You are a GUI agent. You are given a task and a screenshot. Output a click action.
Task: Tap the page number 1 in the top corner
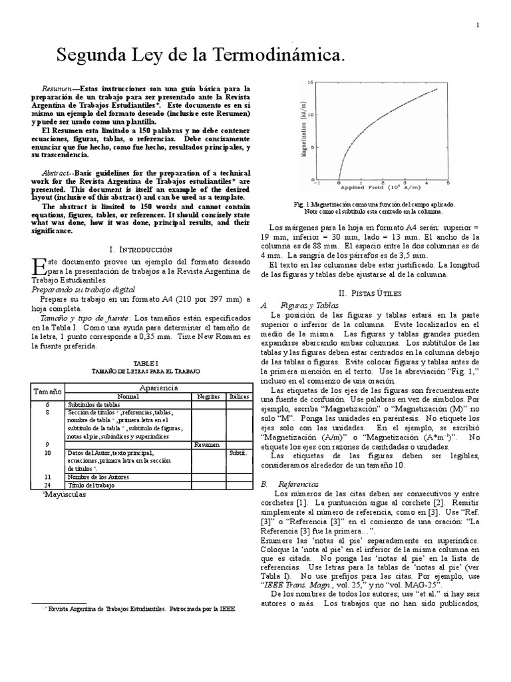point(478,25)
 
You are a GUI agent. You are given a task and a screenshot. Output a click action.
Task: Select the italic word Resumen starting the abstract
point(56,88)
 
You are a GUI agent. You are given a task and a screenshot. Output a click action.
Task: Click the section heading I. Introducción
point(140,248)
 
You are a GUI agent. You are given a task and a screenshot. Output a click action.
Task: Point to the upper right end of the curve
point(436,89)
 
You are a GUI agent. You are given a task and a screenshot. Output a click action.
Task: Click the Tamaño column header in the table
point(47,392)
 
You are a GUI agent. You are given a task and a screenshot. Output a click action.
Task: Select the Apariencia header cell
point(159,387)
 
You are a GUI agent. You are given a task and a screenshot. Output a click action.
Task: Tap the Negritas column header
point(208,396)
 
